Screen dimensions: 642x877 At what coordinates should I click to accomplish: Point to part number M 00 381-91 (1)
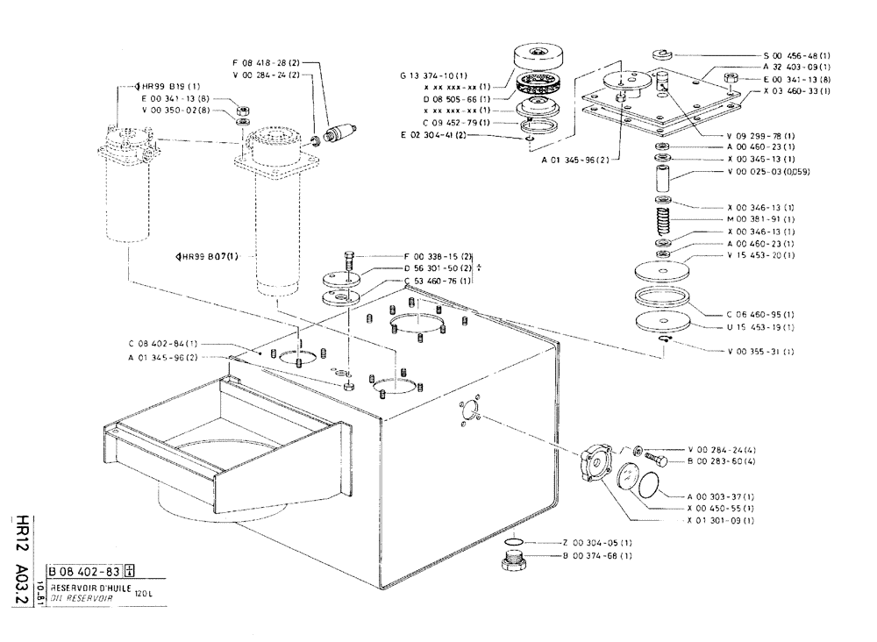[760, 219]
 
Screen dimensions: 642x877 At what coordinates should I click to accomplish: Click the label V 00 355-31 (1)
[759, 352]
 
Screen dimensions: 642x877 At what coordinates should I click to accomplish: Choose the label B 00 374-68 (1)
[600, 556]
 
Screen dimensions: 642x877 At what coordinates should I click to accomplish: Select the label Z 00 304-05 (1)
[599, 544]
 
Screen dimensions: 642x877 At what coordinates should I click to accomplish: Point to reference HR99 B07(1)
[207, 257]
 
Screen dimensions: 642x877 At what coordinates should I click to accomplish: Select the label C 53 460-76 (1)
[438, 281]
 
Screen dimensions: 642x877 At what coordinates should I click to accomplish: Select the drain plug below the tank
[512, 561]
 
